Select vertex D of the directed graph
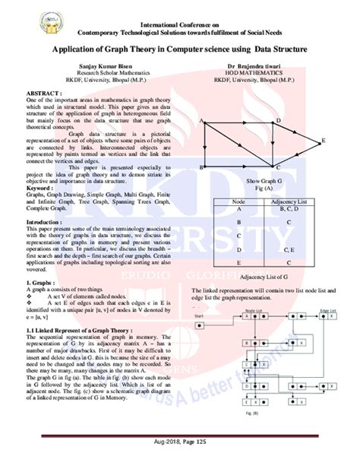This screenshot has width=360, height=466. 278,121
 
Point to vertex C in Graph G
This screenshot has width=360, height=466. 278,167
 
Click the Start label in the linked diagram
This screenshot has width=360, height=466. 201,315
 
